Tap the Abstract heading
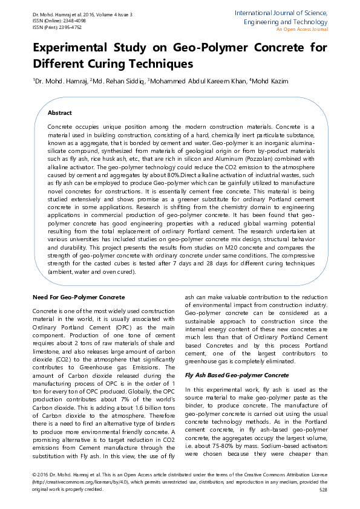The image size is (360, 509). [60, 113]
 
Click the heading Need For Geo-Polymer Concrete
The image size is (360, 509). [78, 297]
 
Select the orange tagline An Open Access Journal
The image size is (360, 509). [301, 29]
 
